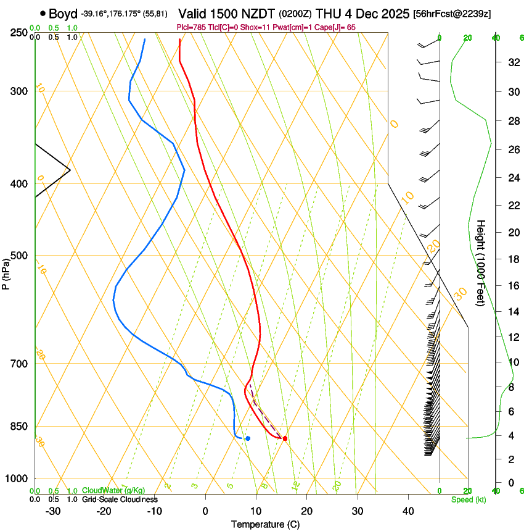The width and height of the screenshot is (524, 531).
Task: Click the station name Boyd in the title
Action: click(62, 13)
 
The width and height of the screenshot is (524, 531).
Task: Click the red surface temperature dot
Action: click(285, 438)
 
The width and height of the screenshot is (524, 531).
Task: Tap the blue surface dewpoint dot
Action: click(248, 438)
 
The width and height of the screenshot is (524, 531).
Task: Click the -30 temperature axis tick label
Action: click(53, 511)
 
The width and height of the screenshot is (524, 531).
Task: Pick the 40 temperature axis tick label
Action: click(408, 511)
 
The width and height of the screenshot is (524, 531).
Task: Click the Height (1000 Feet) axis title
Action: click(481, 263)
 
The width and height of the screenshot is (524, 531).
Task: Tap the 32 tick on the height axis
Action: click(512, 62)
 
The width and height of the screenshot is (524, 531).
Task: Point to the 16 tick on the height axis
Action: click(512, 286)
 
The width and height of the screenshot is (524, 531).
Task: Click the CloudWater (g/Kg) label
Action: click(113, 491)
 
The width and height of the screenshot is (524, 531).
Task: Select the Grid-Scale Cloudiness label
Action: click(120, 500)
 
